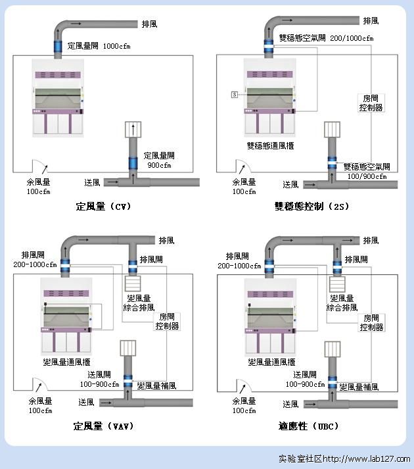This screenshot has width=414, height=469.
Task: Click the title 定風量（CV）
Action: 103,206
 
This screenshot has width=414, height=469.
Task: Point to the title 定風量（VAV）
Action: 104,426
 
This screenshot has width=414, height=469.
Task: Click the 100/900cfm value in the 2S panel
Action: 367,176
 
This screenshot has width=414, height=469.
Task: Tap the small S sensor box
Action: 233,95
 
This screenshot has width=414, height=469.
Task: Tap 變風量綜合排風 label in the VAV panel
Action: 139,303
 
